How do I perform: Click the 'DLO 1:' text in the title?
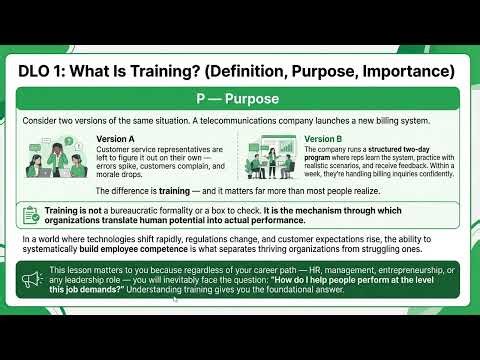click(x=46, y=71)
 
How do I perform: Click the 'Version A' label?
click(x=117, y=139)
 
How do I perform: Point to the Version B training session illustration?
click(x=270, y=157)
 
